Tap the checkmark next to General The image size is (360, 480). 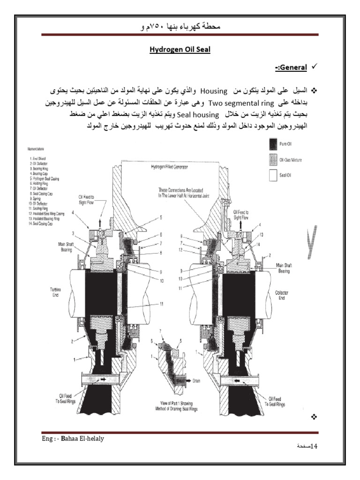[x=315, y=68]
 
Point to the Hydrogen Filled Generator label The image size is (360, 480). [x=168, y=166]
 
